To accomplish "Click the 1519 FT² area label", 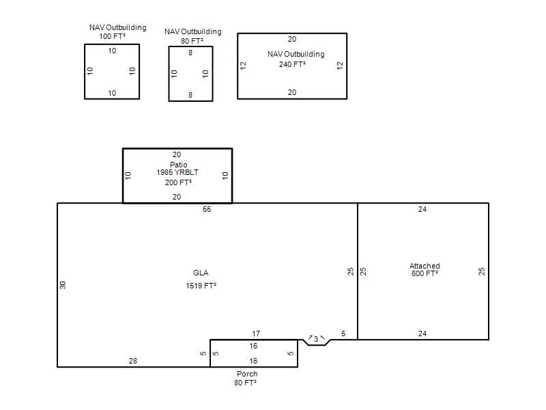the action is click(x=201, y=286).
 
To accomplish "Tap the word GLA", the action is click(x=201, y=273).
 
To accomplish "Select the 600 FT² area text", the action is click(x=425, y=273).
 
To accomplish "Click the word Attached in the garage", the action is click(x=425, y=266).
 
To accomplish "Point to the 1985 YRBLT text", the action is click(x=177, y=172).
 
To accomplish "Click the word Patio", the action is click(x=179, y=165).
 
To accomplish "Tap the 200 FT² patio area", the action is click(x=178, y=182).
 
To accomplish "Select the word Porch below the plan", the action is click(x=247, y=374).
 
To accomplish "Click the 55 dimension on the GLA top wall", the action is click(x=207, y=209).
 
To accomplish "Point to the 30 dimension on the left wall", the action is click(x=63, y=285).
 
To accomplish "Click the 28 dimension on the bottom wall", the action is click(x=133, y=361).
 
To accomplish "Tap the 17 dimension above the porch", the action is click(x=256, y=333).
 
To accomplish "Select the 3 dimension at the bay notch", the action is click(x=316, y=339).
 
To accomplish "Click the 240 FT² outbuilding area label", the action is click(x=292, y=64).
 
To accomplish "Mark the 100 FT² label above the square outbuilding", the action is click(x=112, y=36).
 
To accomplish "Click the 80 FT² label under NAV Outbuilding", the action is click(x=192, y=41).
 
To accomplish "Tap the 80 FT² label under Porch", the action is click(x=246, y=383).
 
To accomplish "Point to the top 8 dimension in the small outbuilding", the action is click(x=190, y=53).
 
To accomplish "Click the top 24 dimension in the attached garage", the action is click(x=422, y=209).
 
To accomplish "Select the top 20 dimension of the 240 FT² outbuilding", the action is click(x=292, y=39).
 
